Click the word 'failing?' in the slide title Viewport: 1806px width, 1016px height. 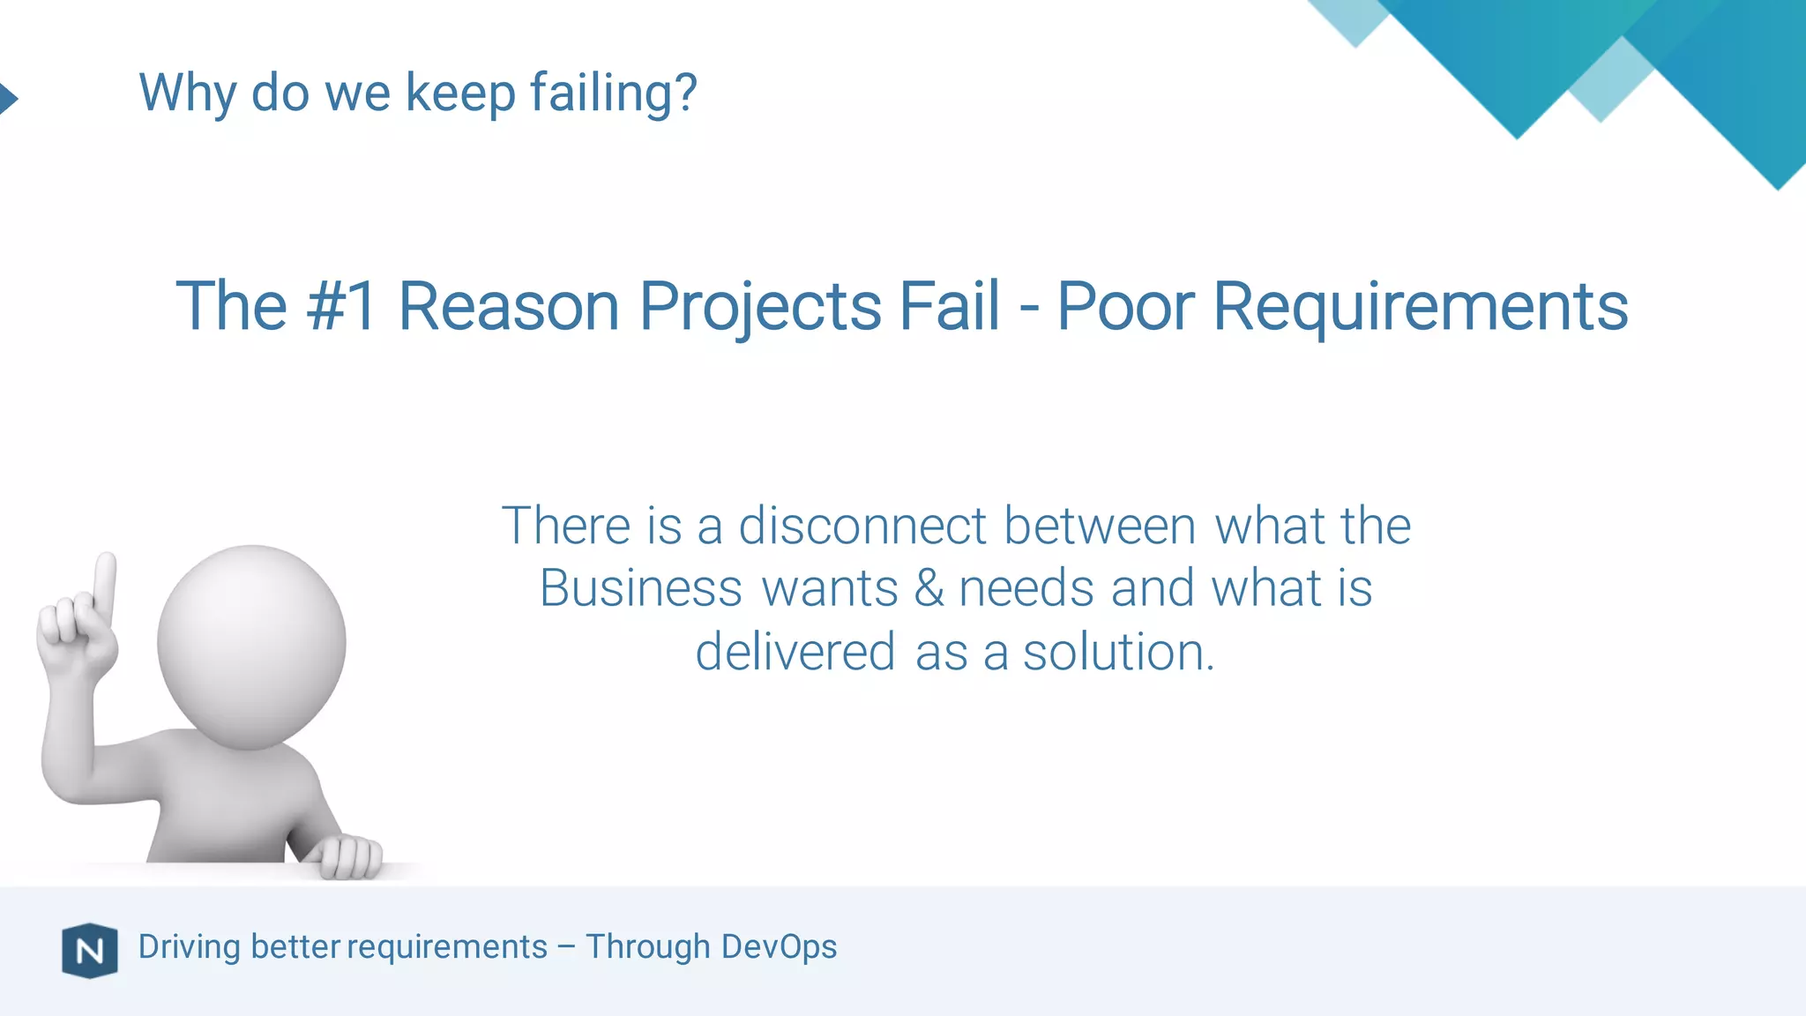coord(613,93)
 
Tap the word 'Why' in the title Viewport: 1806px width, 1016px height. coord(188,93)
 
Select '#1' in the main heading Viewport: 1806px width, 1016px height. coord(342,306)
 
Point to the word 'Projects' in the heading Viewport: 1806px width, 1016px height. coord(760,306)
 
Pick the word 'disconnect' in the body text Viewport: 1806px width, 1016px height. coord(862,526)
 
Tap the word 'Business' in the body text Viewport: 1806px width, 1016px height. coord(641,588)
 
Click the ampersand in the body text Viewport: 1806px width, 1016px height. coord(929,588)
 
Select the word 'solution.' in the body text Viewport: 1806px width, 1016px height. coord(1118,652)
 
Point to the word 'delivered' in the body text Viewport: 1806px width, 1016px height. coord(795,652)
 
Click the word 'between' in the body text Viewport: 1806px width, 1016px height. coord(1100,526)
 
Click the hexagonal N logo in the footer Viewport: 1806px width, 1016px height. coord(90,951)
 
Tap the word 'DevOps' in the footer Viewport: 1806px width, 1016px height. coord(779,946)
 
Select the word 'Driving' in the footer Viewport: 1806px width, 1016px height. coord(190,946)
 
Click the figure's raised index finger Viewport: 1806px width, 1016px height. coord(105,583)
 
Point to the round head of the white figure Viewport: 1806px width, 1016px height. coord(251,646)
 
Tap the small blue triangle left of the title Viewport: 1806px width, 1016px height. coord(8,98)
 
